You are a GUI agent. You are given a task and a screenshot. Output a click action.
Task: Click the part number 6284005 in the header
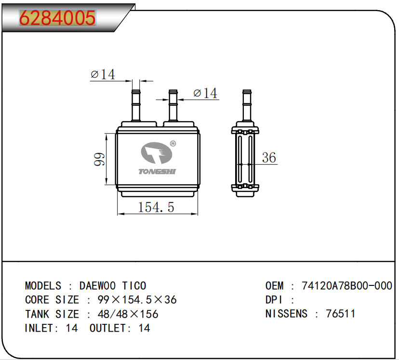57,18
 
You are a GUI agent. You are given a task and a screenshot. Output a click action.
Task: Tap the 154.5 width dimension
156,207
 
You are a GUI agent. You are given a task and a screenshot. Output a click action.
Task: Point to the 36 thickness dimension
269,157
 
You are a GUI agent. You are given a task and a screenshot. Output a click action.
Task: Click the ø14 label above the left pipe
103,75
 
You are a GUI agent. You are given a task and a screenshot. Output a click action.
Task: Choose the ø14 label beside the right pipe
205,93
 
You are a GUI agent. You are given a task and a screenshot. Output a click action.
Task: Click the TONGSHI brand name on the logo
157,172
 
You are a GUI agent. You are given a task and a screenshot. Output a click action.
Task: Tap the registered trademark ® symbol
173,143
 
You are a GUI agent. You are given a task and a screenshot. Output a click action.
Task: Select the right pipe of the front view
173,107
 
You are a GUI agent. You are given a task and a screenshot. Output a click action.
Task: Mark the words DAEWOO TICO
113,286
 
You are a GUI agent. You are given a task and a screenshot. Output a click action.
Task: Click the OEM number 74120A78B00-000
346,286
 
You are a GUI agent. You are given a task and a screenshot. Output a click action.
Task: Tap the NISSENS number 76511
340,314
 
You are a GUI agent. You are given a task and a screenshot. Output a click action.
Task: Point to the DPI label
274,300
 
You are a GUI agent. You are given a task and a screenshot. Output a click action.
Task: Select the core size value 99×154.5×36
137,300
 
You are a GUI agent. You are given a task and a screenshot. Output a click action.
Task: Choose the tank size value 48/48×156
128,314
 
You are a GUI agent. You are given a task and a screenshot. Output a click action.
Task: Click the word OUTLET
108,328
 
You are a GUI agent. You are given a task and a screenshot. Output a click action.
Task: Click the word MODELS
43,286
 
